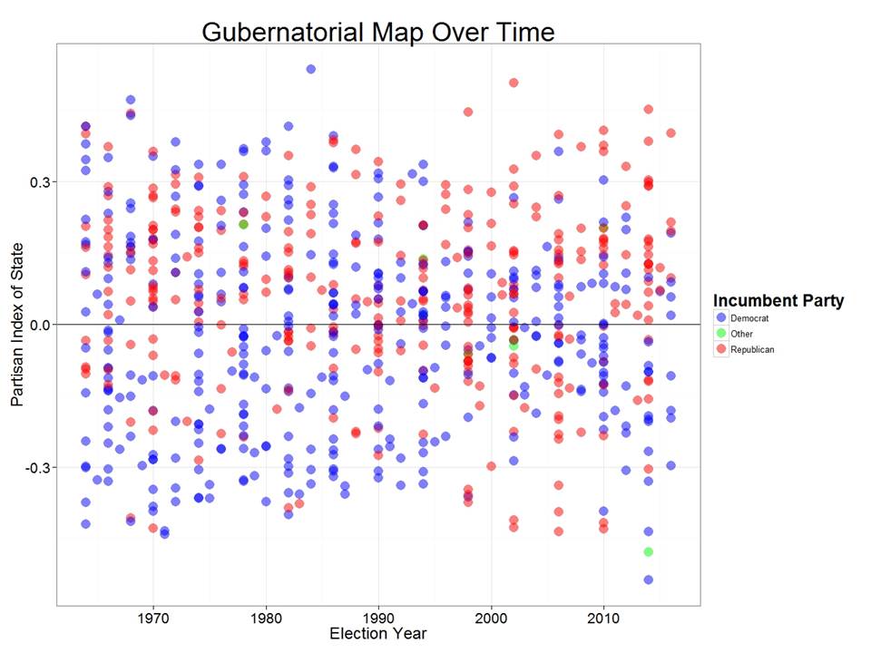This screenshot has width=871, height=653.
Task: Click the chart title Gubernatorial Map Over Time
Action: coord(377,32)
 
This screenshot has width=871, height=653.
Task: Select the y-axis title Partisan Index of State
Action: coord(19,325)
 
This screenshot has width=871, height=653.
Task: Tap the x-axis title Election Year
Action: coord(377,633)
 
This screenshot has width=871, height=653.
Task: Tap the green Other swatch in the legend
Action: coord(722,334)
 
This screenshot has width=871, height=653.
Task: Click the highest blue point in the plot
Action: coord(311,69)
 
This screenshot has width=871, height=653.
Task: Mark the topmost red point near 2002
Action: coord(514,83)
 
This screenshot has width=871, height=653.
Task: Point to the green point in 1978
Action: coord(243,224)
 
